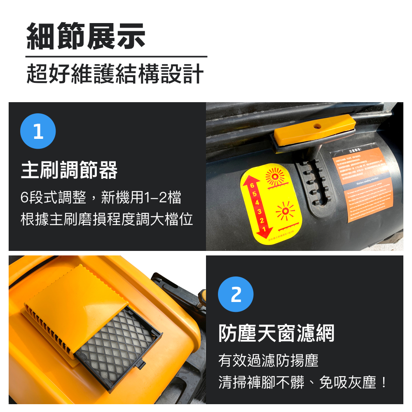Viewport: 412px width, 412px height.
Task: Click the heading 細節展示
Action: click(x=86, y=37)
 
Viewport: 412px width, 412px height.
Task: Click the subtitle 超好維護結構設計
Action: click(x=115, y=74)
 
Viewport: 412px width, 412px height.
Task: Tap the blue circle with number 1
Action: click(x=38, y=131)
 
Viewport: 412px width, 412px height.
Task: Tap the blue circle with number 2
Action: click(x=236, y=294)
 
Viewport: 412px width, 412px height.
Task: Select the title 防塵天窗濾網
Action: click(x=276, y=333)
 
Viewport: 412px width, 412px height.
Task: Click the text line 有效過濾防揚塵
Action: click(x=268, y=361)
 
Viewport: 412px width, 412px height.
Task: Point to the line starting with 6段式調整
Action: click(x=101, y=198)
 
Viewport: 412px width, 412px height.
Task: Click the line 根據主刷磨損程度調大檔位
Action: click(x=107, y=219)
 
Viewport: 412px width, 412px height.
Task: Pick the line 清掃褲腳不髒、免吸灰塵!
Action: click(x=303, y=382)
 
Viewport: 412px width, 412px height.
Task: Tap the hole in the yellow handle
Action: click(x=317, y=125)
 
